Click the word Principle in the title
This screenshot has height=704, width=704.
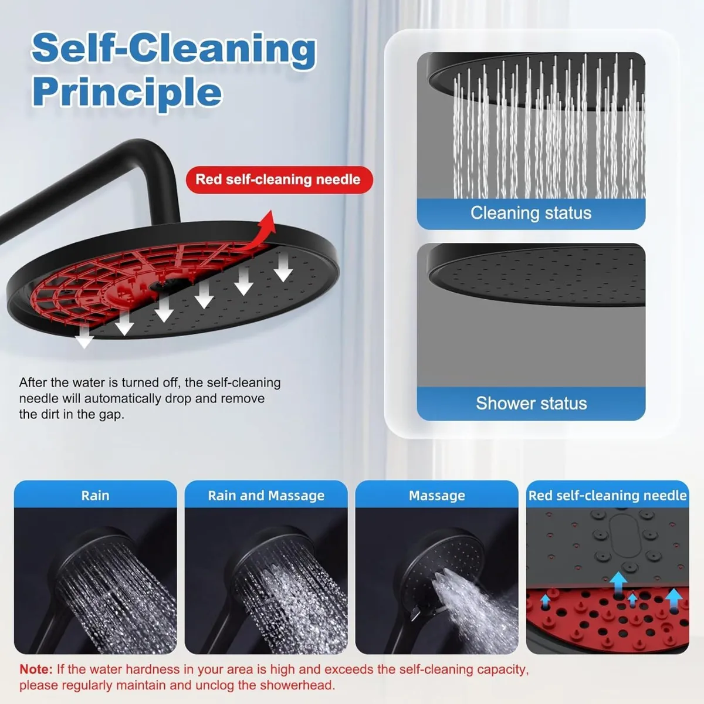[127, 92]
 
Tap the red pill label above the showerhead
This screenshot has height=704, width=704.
[279, 180]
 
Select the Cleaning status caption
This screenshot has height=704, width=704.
[531, 213]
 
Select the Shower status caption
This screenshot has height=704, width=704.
[531, 404]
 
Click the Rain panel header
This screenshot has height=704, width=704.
[95, 495]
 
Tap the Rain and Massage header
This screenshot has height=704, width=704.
[266, 495]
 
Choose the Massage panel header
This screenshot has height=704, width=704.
[436, 495]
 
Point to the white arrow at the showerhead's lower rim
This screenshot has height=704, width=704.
[86, 337]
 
